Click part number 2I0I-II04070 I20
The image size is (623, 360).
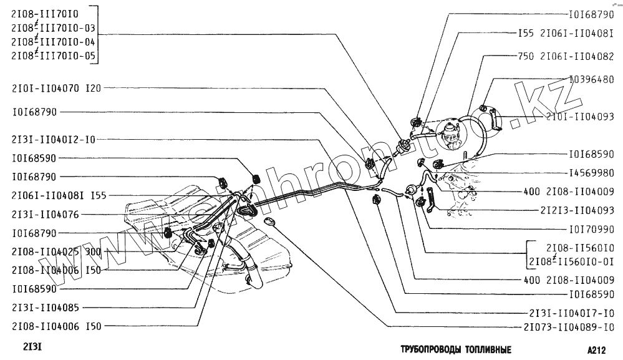point(56,88)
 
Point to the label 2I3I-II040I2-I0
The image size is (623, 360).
point(54,140)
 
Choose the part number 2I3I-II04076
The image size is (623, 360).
point(46,214)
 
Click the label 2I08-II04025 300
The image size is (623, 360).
point(56,252)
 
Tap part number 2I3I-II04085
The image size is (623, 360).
point(46,308)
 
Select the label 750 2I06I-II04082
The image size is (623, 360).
point(566,56)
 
